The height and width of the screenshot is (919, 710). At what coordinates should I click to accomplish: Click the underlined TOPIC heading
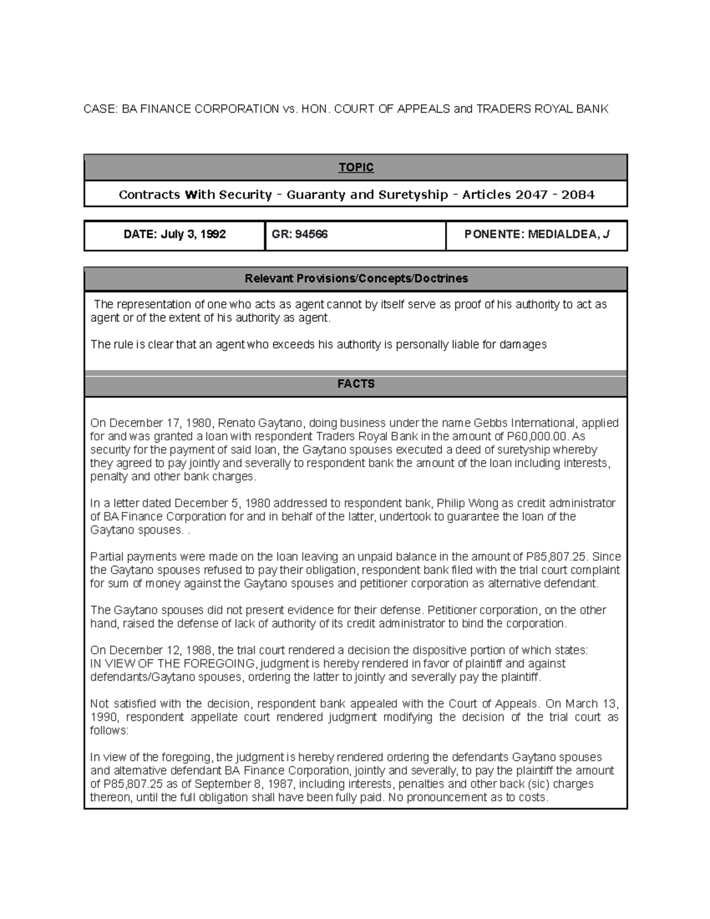(356, 167)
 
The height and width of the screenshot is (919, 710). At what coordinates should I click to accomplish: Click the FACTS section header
(356, 383)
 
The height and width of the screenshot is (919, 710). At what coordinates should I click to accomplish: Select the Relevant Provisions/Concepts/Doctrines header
(356, 278)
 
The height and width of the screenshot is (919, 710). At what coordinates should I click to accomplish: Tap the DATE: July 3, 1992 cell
(175, 234)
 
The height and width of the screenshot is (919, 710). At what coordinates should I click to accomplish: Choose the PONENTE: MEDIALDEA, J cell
(537, 234)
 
